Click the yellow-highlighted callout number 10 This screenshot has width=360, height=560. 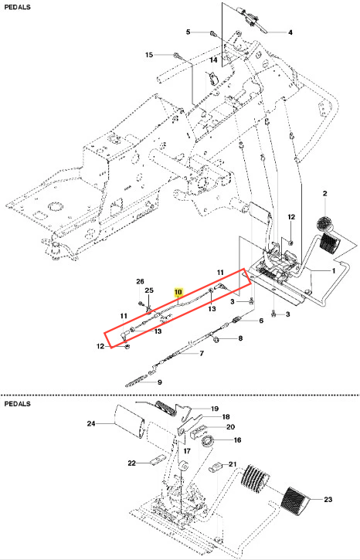click(x=178, y=293)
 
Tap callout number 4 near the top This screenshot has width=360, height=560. click(x=290, y=32)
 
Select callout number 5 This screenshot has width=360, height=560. click(x=188, y=32)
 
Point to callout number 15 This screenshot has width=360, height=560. click(x=149, y=55)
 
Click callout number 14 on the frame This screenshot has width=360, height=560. click(x=213, y=59)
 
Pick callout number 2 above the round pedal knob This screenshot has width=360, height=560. click(x=325, y=194)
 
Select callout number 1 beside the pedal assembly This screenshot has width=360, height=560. click(x=334, y=270)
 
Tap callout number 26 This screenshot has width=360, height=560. click(x=140, y=282)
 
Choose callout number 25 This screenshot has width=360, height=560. click(x=149, y=290)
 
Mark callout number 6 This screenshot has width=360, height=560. click(x=261, y=321)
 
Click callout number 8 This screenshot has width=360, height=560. click(x=240, y=338)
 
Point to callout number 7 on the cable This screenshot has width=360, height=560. click(x=202, y=354)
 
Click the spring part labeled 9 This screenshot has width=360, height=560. click(x=136, y=383)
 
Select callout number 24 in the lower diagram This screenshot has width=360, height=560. click(x=91, y=423)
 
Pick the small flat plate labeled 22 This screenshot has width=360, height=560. click(x=157, y=461)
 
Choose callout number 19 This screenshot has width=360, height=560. click(x=215, y=409)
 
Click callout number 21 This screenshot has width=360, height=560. click(x=233, y=464)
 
